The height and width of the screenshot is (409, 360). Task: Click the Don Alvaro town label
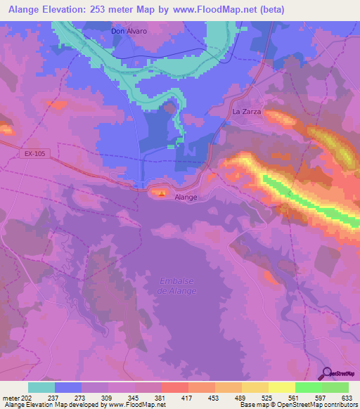(x=129, y=31)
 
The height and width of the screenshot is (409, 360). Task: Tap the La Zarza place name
(x=247, y=112)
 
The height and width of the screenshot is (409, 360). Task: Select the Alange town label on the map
(x=186, y=197)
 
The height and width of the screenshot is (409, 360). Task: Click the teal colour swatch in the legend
(x=41, y=387)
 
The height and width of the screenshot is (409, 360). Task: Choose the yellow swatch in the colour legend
(x=281, y=387)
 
